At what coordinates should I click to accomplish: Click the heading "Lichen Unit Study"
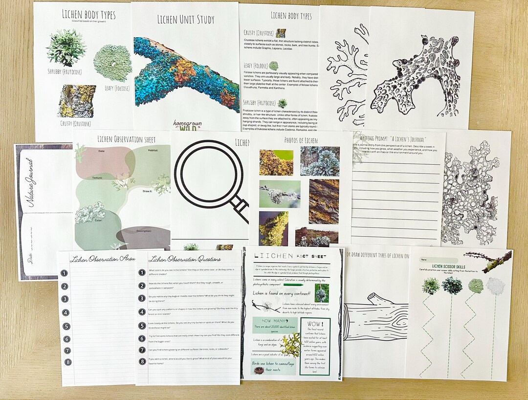click(x=185, y=20)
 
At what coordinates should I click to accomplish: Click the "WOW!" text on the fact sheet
click(x=314, y=324)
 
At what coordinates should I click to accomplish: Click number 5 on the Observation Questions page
click(x=142, y=326)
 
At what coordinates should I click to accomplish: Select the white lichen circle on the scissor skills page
click(x=495, y=286)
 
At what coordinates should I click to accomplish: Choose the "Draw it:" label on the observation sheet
click(x=149, y=192)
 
